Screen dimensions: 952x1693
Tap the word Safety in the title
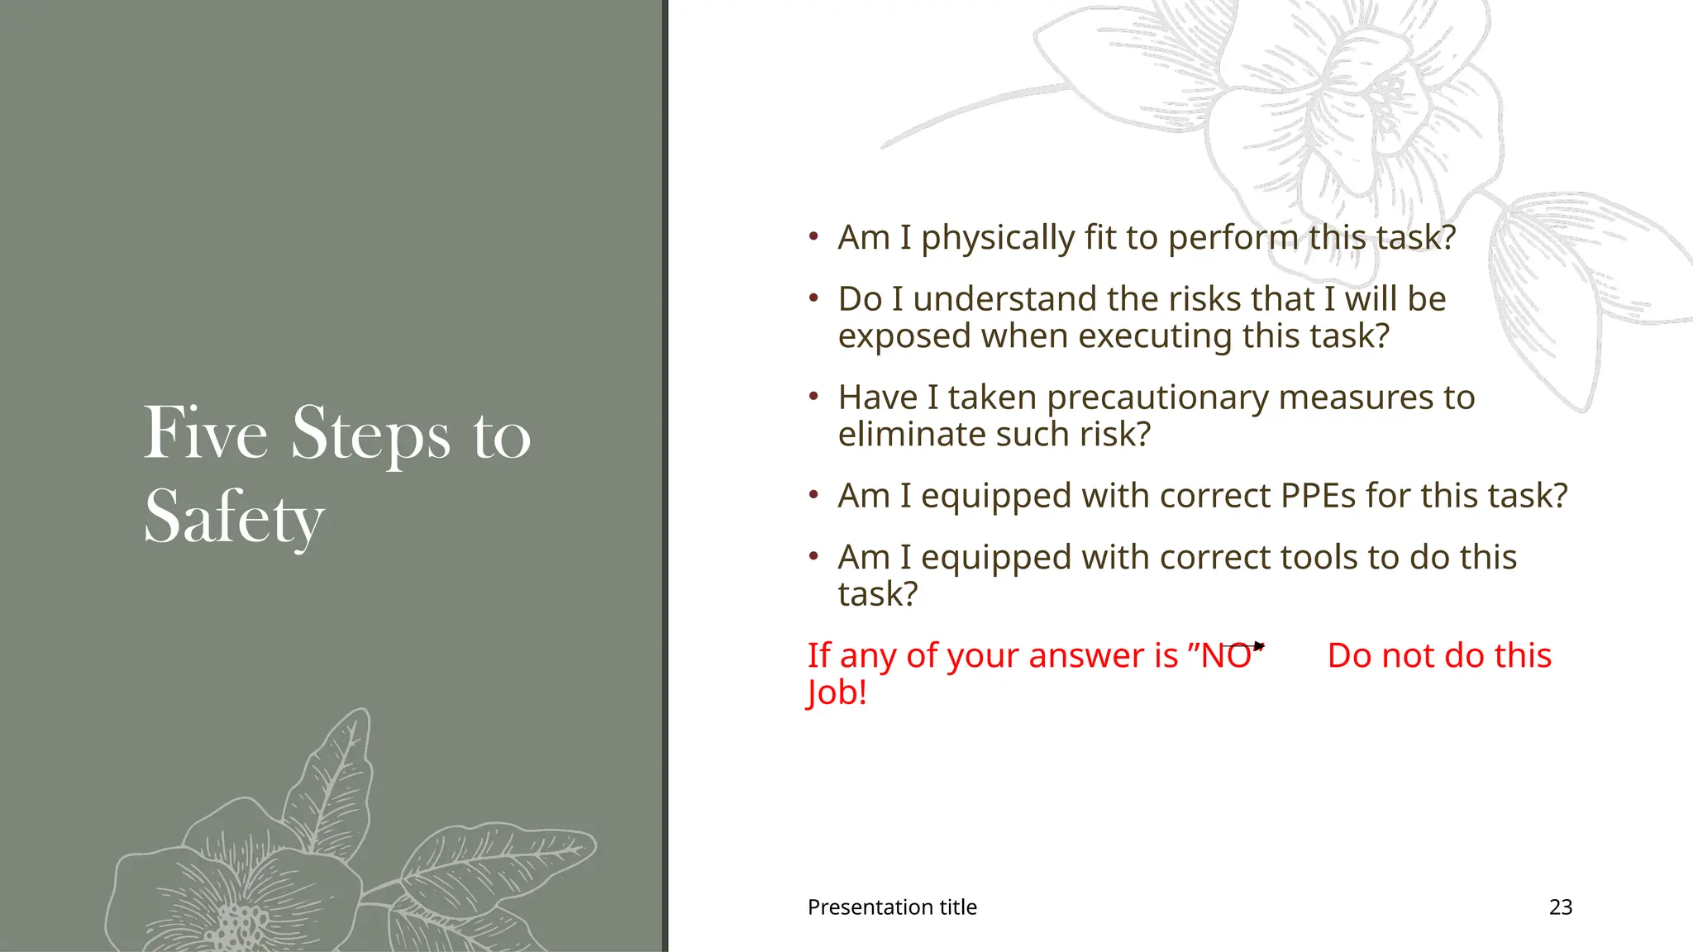(234, 517)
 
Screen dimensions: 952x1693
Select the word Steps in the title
(371, 434)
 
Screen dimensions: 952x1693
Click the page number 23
(1560, 907)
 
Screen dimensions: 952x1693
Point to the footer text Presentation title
(892, 907)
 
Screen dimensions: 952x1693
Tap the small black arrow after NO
(1257, 646)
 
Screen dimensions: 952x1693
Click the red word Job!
(837, 693)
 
